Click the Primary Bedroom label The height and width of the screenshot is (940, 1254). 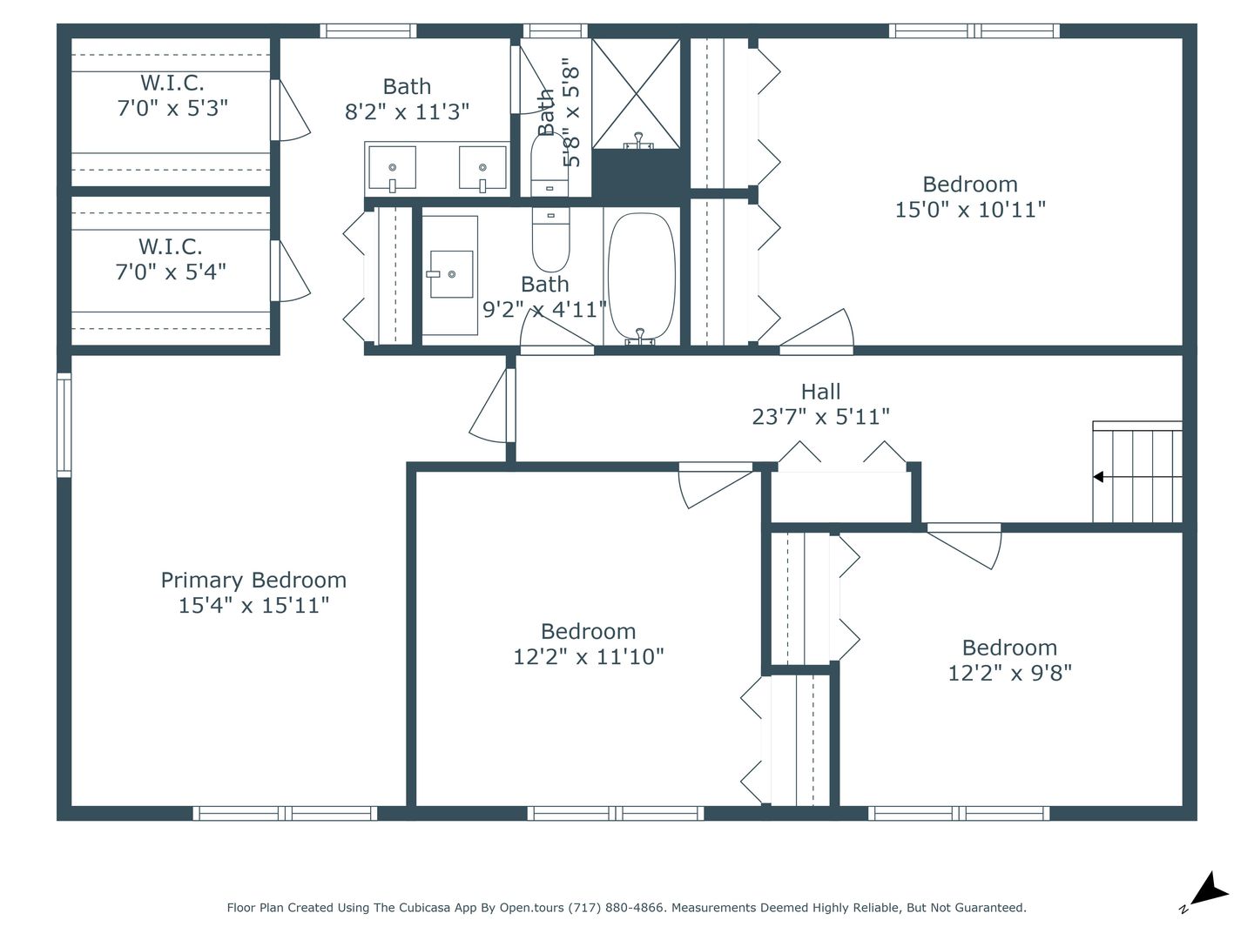[x=253, y=580]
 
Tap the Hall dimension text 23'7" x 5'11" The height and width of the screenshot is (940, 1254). [x=820, y=417]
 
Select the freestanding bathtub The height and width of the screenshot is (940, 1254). [x=641, y=277]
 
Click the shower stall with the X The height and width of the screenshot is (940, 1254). [x=636, y=94]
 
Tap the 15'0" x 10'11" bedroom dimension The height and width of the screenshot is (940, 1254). [x=970, y=210]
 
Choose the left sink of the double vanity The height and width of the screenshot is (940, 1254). [x=392, y=168]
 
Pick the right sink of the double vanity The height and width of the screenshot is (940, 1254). [x=482, y=168]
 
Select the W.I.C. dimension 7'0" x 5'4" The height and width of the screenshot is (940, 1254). [x=171, y=272]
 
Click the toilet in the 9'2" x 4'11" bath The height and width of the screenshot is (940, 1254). [x=550, y=239]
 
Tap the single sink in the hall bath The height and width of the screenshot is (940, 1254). [x=451, y=274]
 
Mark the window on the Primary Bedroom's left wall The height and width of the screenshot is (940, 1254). [x=64, y=426]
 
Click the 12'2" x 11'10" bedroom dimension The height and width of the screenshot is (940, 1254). [x=589, y=657]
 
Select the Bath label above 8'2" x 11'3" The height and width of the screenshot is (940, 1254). [x=407, y=87]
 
